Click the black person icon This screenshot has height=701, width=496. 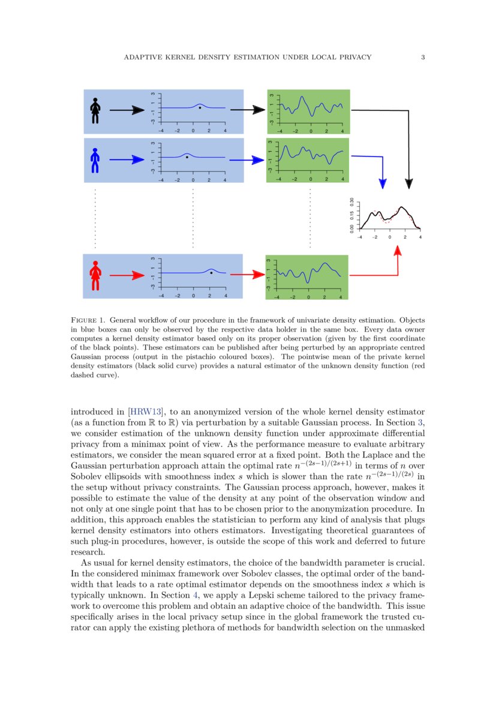coord(95,110)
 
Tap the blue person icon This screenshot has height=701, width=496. coord(95,160)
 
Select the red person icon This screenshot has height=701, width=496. coord(95,276)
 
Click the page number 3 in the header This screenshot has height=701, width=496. coord(423,58)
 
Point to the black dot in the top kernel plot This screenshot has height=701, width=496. coord(200,107)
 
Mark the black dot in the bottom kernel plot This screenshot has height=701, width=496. coord(211,273)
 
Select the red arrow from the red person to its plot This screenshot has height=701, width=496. coord(127,276)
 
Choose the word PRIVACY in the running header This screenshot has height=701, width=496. coord(351,58)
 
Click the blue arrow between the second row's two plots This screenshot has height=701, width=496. coord(247,160)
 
